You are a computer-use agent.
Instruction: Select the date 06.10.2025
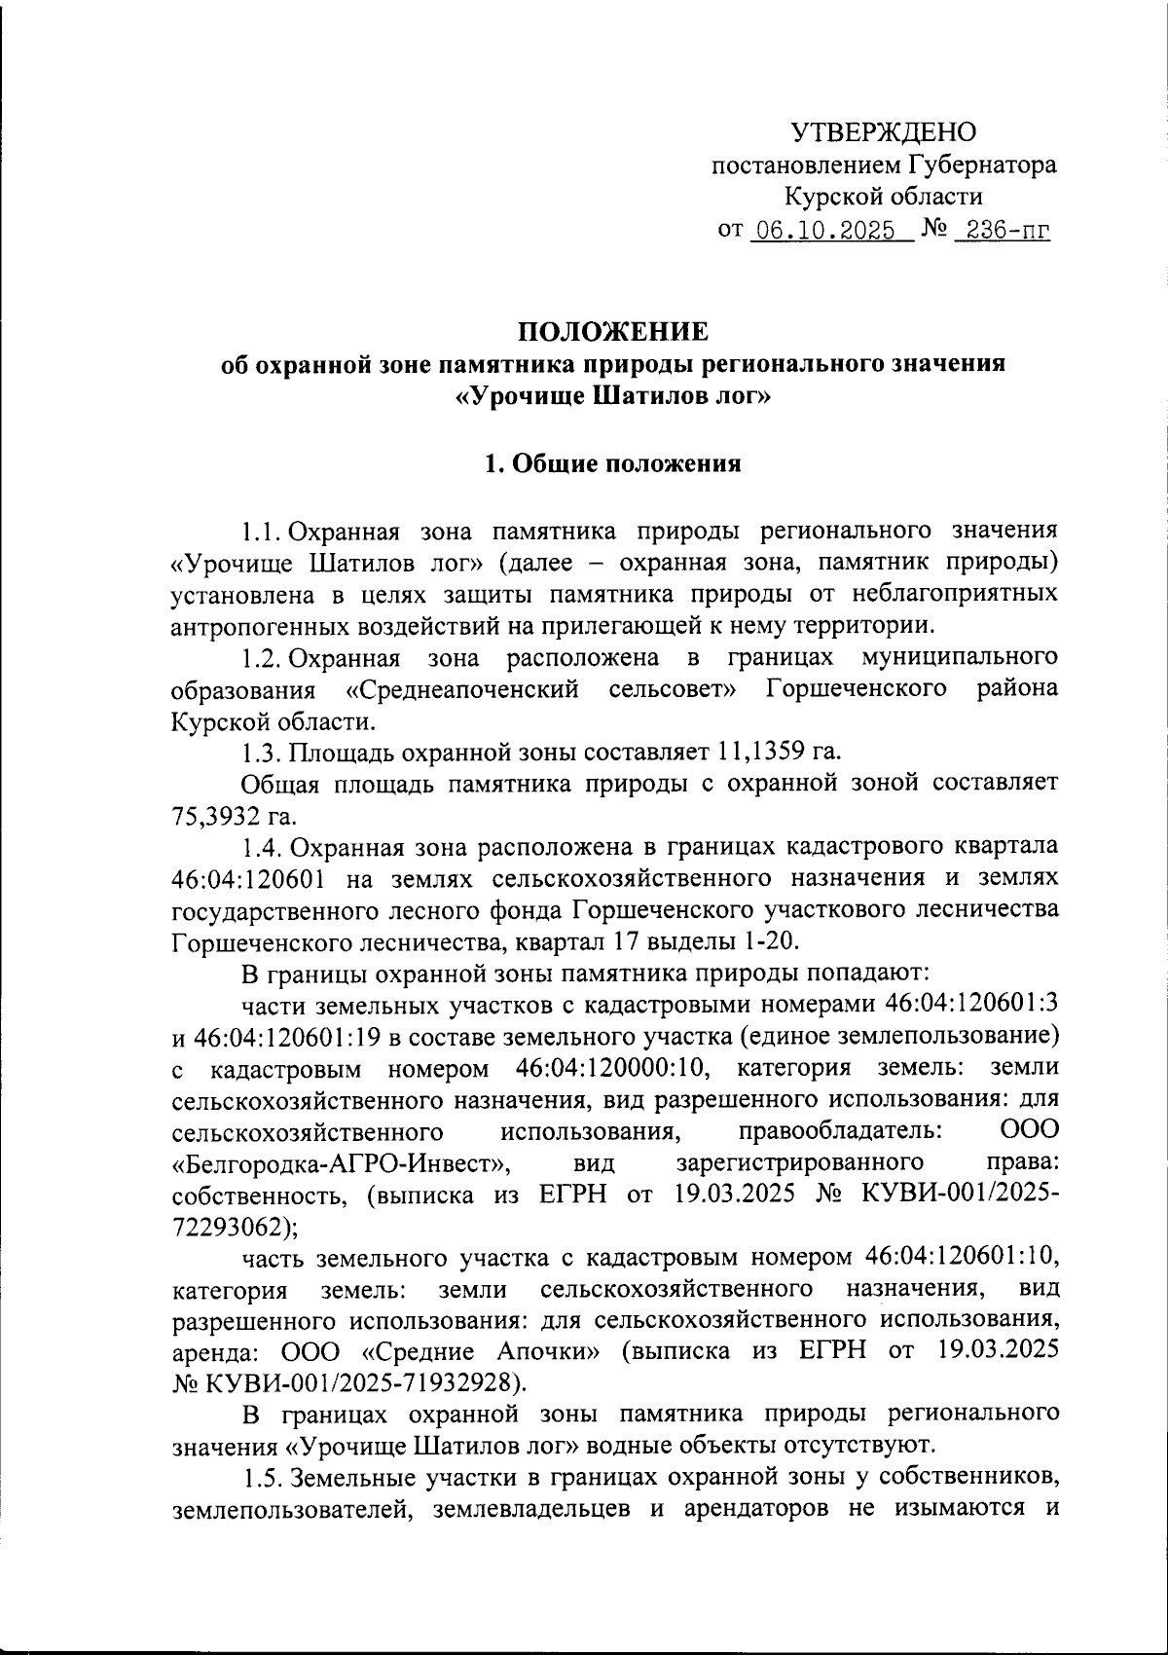click(x=825, y=231)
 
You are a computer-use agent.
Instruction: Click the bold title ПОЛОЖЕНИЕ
click(x=612, y=332)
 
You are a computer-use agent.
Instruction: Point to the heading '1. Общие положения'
click(x=613, y=463)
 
